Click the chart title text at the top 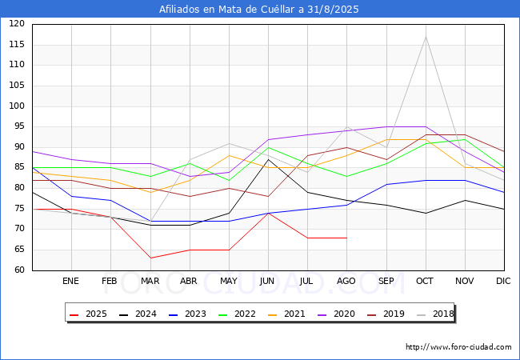[258, 9]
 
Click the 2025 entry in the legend [88, 314]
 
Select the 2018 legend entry [435, 314]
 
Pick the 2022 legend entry [237, 314]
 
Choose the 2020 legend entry [336, 314]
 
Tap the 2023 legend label [187, 314]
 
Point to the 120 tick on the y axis [17, 23]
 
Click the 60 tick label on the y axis [19, 270]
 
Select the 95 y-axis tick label [19, 126]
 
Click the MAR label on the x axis [150, 281]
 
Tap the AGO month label [346, 281]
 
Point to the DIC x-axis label [503, 281]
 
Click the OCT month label [425, 281]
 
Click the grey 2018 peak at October [426, 37]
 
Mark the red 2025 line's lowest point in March [151, 258]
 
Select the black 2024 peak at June [268, 159]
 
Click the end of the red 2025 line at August [347, 238]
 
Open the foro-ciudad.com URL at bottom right [458, 347]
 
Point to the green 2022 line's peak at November [466, 139]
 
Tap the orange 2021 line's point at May [229, 155]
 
